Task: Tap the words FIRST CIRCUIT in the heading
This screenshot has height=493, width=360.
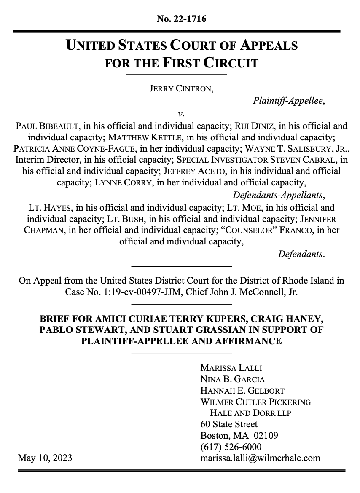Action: [210, 63]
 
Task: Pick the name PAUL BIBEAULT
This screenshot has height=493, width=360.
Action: [47, 126]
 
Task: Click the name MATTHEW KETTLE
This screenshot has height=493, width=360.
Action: [145, 137]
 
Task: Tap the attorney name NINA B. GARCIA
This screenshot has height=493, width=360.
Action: [232, 379]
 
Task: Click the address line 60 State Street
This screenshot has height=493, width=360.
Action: [229, 424]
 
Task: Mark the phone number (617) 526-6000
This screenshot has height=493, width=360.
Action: [231, 447]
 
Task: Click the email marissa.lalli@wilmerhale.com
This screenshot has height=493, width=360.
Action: [260, 458]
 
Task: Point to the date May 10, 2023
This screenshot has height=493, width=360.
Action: [45, 458]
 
